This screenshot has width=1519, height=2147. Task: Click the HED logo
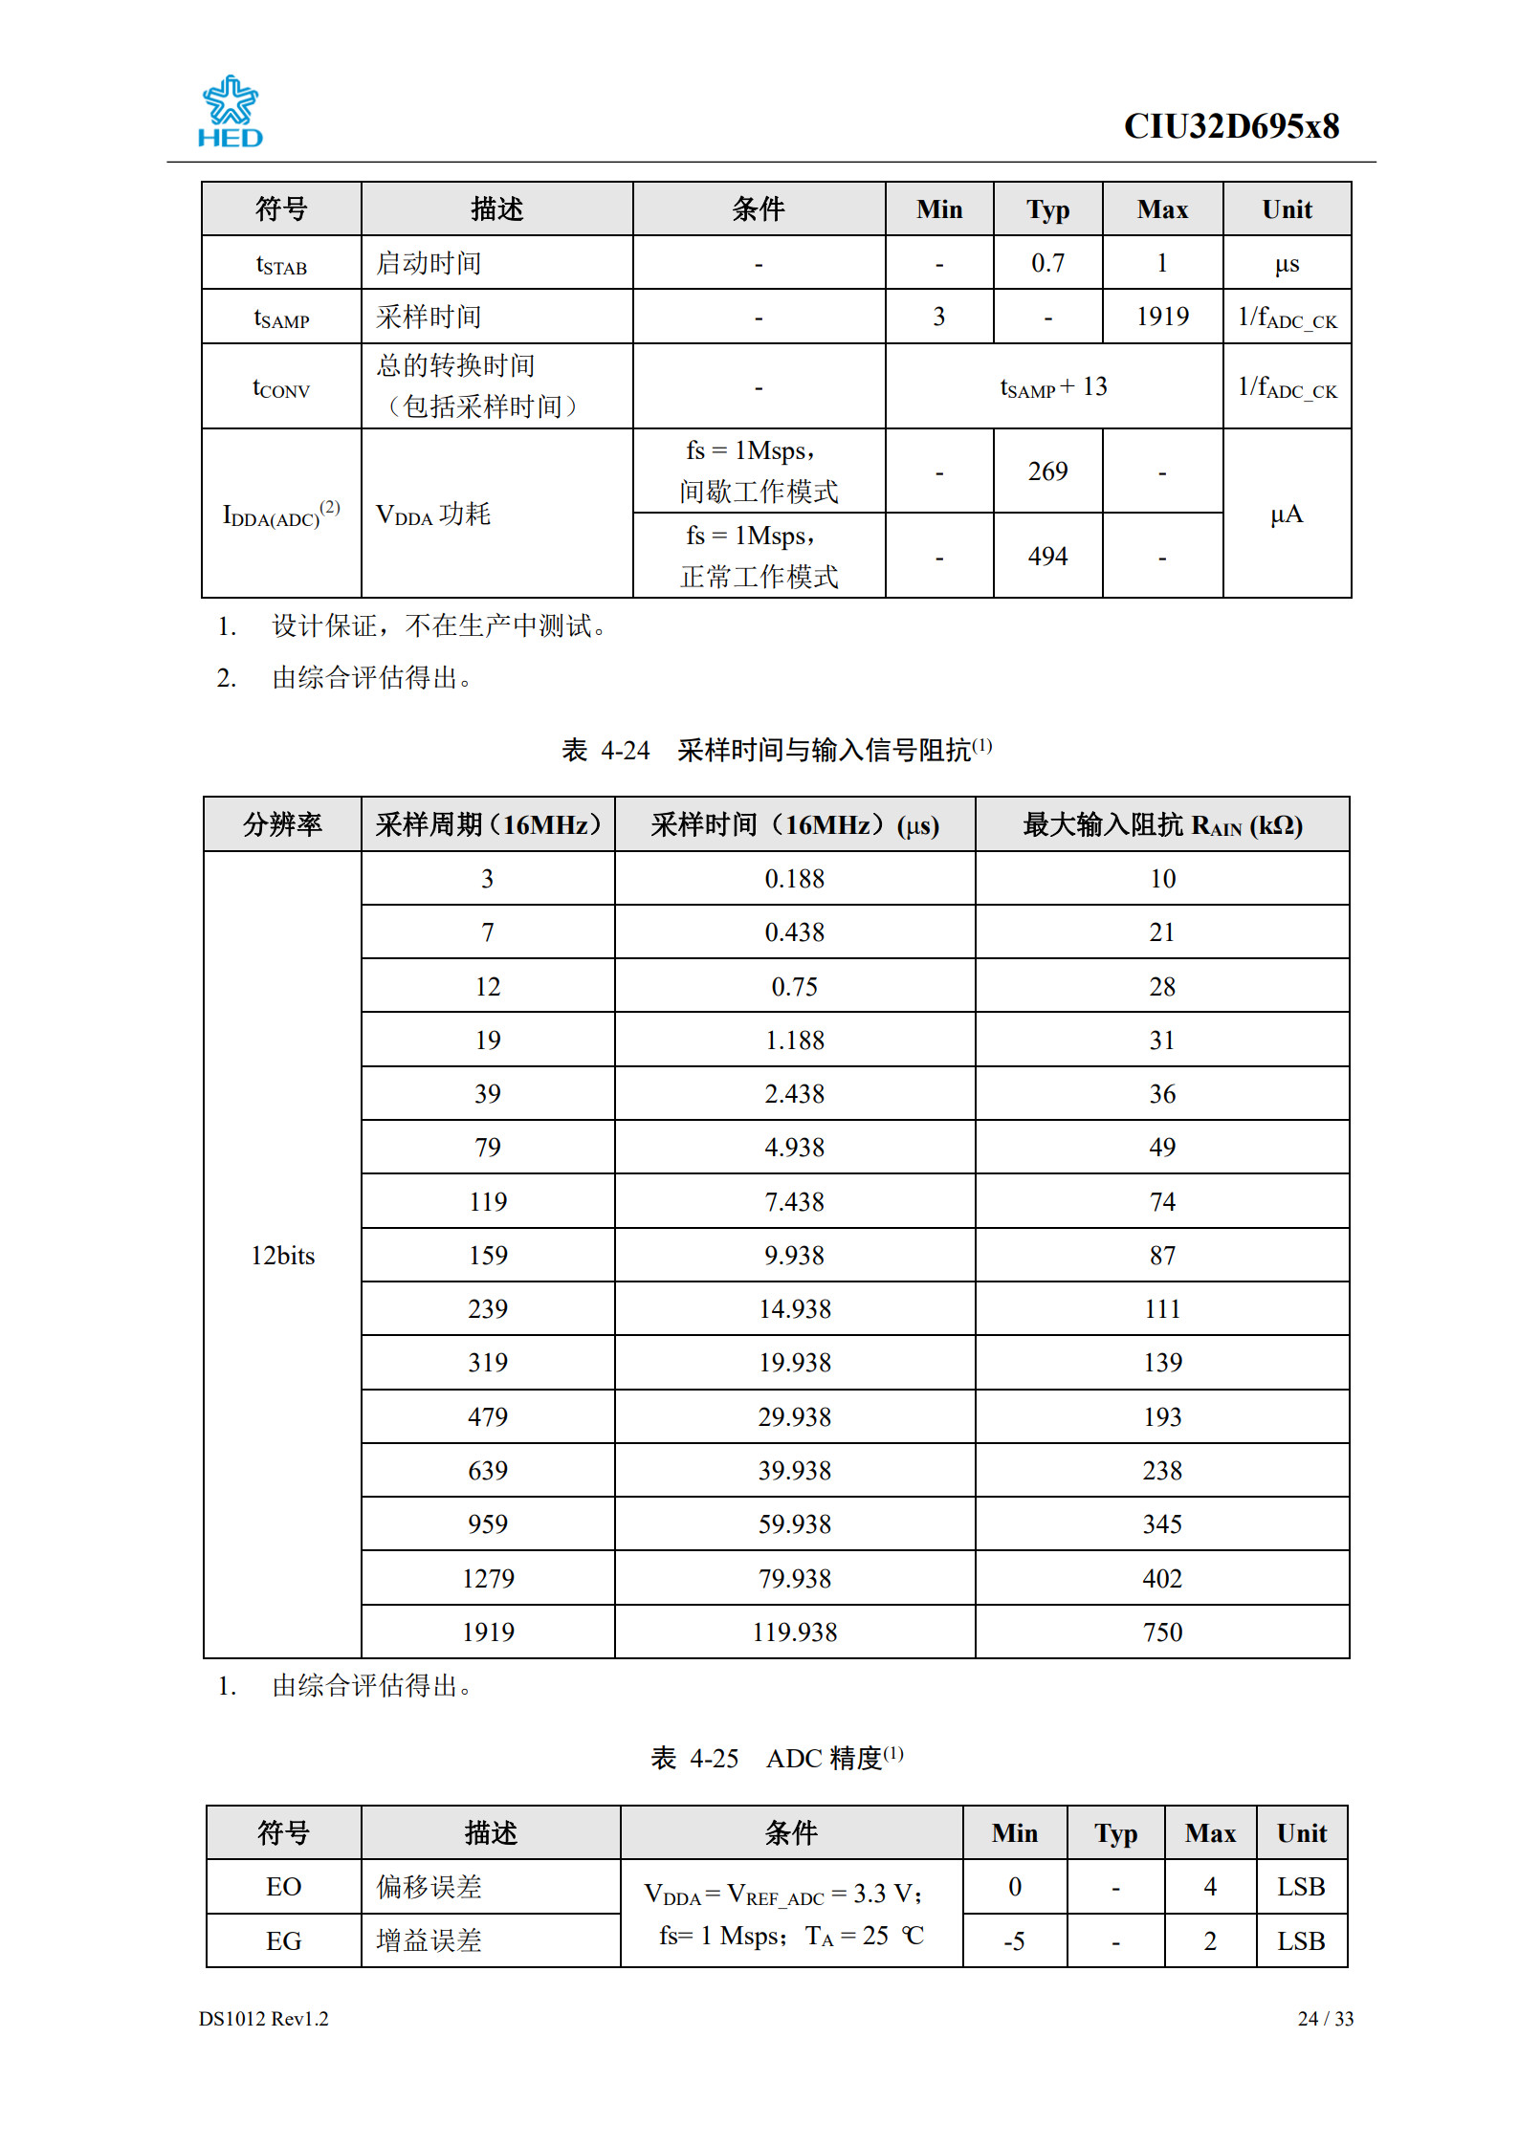(230, 113)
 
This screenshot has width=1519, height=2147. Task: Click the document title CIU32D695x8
(1230, 126)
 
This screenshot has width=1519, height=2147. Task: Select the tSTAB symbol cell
(281, 264)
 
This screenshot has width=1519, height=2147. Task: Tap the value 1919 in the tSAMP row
(1162, 317)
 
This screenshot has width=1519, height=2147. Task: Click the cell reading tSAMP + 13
(1053, 387)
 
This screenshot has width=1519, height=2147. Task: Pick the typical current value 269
(1047, 471)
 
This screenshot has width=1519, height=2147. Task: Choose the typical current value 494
(1047, 557)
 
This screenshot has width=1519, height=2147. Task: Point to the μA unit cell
(1287, 515)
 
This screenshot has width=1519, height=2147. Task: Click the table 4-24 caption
(776, 750)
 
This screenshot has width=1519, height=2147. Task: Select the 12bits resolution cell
(282, 1256)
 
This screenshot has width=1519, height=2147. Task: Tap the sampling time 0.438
(794, 932)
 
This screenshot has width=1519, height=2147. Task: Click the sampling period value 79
(488, 1148)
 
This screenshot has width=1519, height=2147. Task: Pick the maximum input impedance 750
(1162, 1632)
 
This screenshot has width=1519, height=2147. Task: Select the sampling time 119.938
(794, 1632)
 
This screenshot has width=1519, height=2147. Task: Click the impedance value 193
(1162, 1417)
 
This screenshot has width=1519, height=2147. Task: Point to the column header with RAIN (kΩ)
(1162, 825)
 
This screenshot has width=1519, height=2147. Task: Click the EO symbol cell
(283, 1887)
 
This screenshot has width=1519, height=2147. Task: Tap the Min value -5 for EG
(1014, 1941)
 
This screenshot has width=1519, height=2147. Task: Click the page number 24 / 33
(1325, 2019)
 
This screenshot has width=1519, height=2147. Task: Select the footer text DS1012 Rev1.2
(263, 2019)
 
